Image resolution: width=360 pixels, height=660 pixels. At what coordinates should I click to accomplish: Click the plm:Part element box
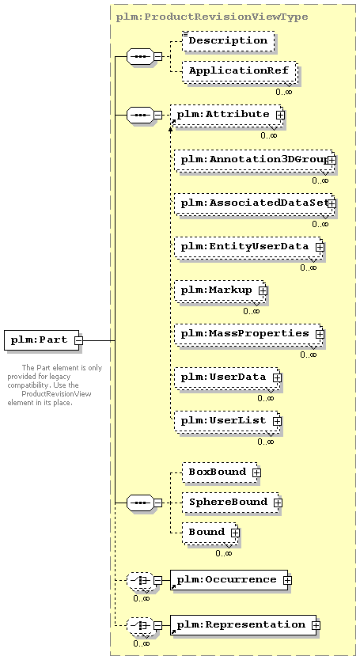42,340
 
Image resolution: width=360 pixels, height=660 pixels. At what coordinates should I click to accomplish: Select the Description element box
228,41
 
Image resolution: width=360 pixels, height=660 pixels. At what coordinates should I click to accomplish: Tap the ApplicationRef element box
240,71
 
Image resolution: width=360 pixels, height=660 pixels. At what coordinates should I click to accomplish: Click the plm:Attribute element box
226,115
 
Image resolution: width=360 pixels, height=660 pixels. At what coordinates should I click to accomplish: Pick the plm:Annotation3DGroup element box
254,160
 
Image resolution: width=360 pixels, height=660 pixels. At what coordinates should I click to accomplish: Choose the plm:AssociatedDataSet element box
254,203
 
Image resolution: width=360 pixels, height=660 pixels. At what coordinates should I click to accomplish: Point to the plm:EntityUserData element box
248,247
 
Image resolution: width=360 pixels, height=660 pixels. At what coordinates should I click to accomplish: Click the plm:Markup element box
220,290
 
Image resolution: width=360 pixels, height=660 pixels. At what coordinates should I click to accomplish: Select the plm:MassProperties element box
248,334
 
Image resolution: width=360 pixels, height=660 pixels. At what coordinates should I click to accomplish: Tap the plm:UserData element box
227,377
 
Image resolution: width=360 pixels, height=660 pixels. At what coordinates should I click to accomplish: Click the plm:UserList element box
227,421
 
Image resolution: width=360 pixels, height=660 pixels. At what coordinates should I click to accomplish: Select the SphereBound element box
231,503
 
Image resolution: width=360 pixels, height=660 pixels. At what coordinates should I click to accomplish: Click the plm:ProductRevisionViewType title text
212,17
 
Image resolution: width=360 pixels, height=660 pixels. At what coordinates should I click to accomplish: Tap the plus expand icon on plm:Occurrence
287,580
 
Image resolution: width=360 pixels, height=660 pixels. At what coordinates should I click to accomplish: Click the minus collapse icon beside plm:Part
79,340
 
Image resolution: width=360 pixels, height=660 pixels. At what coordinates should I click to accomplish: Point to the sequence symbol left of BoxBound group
141,503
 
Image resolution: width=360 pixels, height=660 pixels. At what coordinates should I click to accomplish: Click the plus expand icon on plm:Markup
263,290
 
